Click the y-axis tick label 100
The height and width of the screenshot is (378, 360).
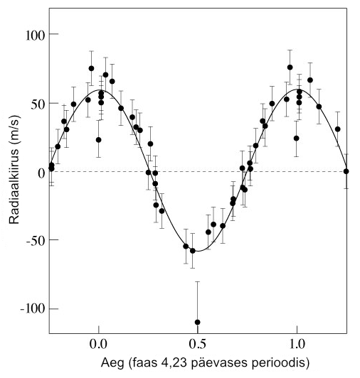click(31, 35)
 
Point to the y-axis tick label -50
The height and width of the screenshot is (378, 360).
click(33, 240)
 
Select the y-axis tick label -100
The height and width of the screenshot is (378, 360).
click(30, 309)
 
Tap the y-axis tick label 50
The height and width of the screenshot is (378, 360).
click(35, 103)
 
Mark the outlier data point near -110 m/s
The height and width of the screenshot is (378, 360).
click(197, 322)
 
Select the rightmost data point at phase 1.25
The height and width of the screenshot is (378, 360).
click(346, 171)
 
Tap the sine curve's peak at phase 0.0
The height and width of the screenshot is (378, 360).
click(98, 90)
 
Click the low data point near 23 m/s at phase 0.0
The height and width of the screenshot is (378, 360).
click(98, 140)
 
